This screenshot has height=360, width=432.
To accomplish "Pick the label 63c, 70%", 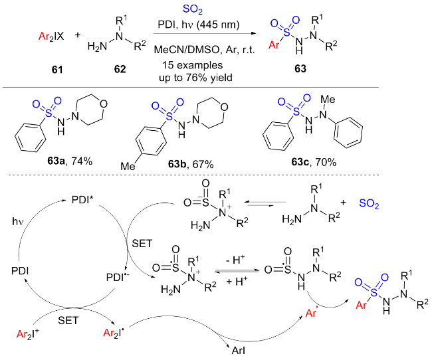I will coord(316,161).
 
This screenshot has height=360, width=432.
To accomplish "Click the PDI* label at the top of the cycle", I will coord(83,198).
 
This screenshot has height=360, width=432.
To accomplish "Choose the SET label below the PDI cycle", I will coord(65,319).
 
